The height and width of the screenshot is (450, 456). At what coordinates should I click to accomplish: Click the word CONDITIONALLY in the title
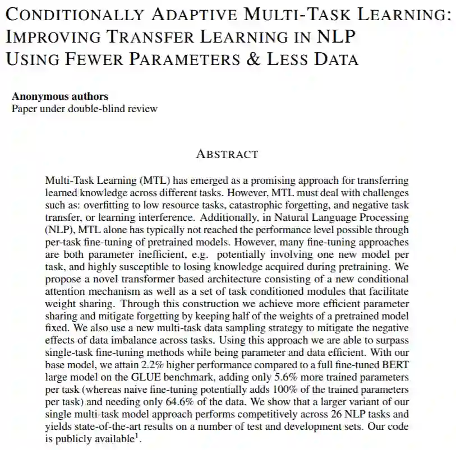73,15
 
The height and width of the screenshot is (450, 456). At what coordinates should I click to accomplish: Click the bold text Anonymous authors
60,96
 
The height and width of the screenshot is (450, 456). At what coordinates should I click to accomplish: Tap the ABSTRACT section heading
227,154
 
